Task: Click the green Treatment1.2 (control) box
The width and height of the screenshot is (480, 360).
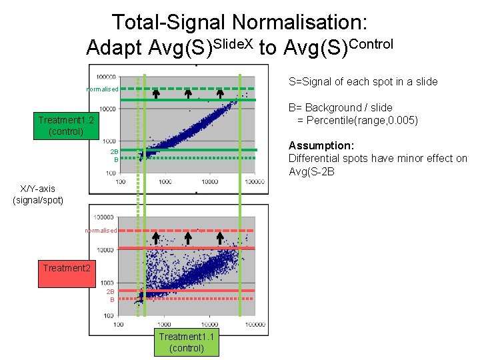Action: tap(66, 125)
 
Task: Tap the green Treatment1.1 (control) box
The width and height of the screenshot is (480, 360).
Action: tap(187, 343)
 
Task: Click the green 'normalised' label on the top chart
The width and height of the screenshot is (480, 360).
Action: tap(102, 89)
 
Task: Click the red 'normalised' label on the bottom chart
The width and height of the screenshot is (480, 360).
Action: tap(101, 231)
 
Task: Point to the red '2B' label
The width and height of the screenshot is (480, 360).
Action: tap(111, 292)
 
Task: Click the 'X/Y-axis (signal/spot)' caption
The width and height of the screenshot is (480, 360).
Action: tap(38, 194)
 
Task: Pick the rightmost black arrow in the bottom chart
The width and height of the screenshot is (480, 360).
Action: tap(220, 237)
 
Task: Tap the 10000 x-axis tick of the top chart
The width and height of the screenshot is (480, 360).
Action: tap(210, 181)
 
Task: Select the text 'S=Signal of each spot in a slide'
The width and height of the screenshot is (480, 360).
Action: tap(363, 81)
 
